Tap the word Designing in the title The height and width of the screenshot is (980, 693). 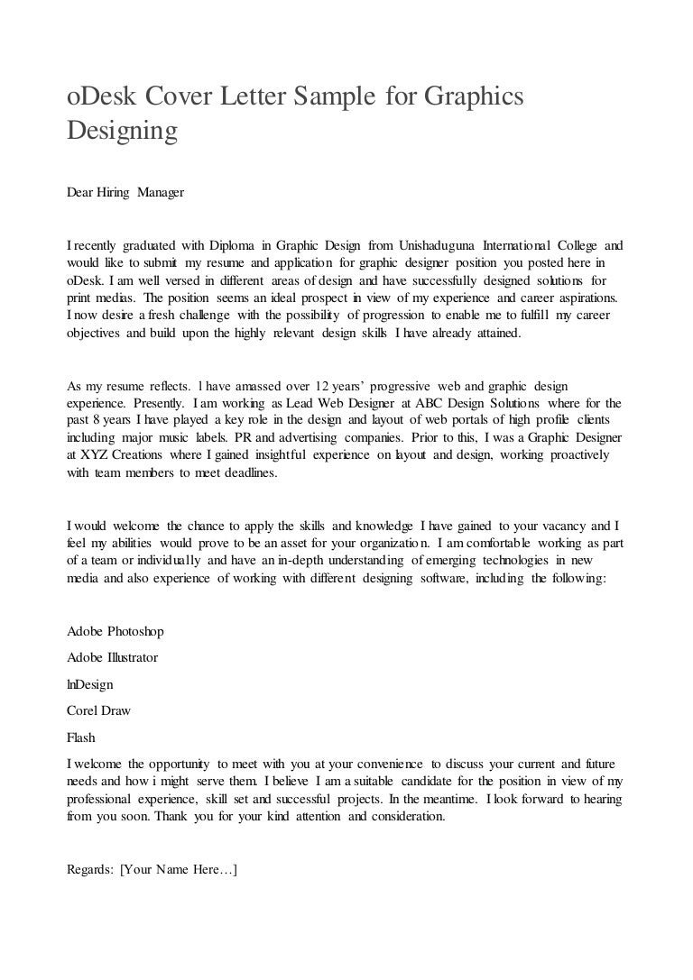coord(122,131)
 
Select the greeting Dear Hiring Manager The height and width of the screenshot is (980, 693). coord(125,193)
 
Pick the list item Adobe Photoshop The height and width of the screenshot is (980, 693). coord(115,631)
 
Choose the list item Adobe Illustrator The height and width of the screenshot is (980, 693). coord(113,657)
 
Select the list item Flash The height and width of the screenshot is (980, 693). coord(81,737)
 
